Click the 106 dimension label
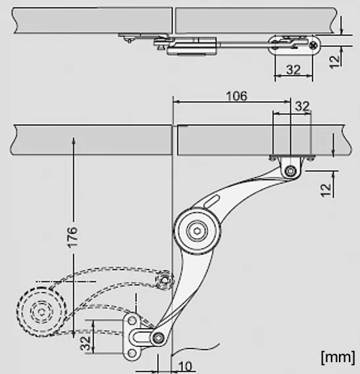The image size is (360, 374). click(236, 96)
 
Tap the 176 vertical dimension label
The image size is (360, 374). click(72, 237)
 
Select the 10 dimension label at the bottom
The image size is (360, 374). click(185, 366)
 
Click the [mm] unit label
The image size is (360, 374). click(338, 357)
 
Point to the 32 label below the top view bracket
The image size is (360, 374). click(293, 70)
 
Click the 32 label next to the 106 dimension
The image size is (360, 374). click(302, 106)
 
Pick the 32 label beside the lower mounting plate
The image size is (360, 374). click(86, 343)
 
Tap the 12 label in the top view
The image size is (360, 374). click(334, 62)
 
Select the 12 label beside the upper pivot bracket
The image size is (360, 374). click(326, 190)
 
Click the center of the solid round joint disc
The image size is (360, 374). click(197, 231)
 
